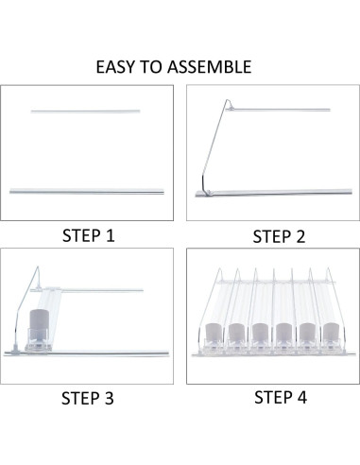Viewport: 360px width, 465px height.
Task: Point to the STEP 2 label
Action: [x=267, y=236]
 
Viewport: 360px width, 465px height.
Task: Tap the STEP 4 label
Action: [x=268, y=398]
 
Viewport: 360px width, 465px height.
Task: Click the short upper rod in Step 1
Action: [x=86, y=112]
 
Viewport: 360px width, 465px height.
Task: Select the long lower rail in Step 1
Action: [x=87, y=191]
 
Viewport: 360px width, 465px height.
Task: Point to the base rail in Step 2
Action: [x=265, y=193]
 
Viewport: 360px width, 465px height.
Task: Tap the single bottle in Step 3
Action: [x=41, y=328]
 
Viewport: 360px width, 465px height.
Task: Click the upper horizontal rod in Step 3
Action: [x=94, y=289]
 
